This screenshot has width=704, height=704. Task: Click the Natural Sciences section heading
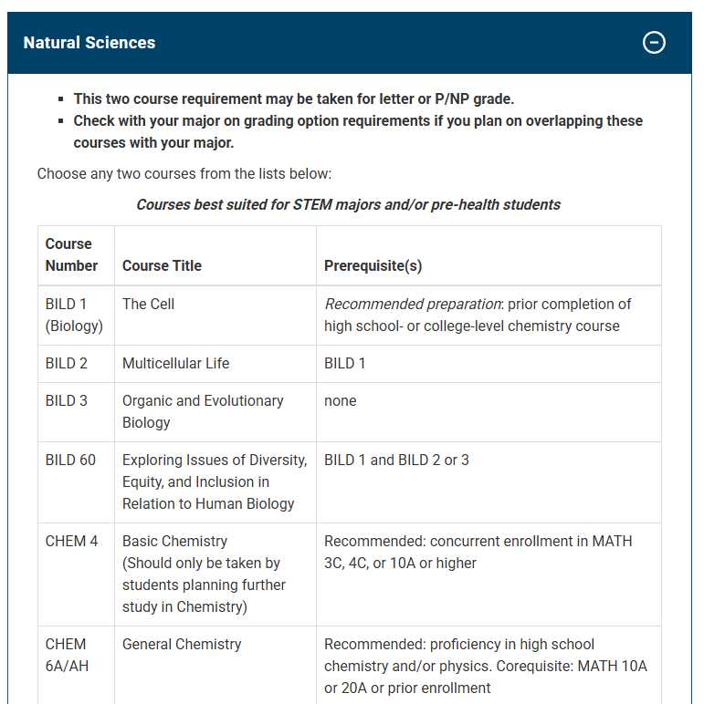(89, 43)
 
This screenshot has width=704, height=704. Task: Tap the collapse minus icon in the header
(654, 42)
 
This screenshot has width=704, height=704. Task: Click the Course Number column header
(71, 255)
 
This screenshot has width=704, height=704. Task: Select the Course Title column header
(162, 266)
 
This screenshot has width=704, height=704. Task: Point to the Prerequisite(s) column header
(373, 266)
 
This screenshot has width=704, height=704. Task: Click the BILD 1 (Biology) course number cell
(73, 315)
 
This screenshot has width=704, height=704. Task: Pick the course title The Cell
(148, 305)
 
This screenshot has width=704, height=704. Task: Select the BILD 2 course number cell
(67, 364)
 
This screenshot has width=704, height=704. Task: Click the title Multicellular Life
(176, 364)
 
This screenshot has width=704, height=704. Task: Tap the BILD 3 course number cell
(67, 401)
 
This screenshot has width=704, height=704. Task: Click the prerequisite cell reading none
(341, 401)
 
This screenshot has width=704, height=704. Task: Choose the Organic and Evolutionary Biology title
(203, 411)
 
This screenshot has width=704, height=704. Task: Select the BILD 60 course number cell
(70, 461)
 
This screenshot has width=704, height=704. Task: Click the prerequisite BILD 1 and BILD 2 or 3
(396, 461)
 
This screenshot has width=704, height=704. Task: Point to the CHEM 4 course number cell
(71, 542)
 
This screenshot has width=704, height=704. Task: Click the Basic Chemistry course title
(174, 542)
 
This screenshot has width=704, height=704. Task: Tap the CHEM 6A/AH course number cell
(67, 655)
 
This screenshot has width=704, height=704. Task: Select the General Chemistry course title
(182, 645)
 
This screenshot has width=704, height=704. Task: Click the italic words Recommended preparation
(413, 305)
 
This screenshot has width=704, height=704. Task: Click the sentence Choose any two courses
(184, 173)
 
